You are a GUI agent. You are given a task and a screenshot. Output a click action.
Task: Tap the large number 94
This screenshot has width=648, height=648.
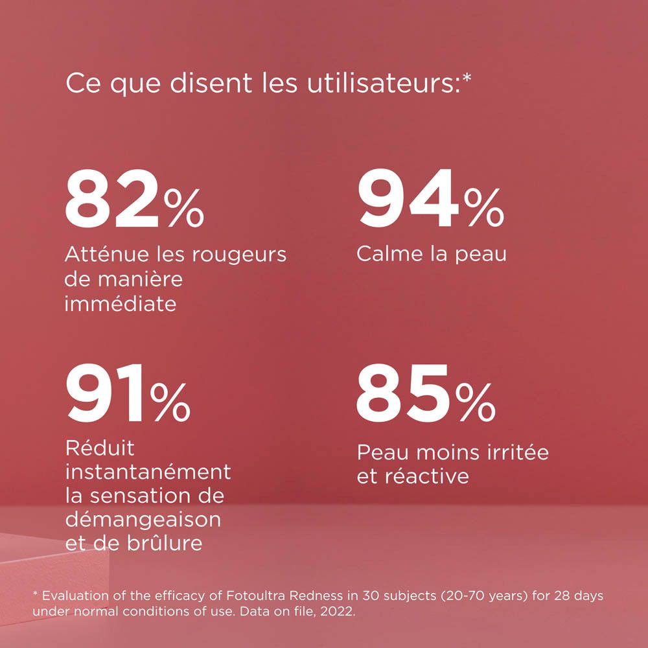point(409,202)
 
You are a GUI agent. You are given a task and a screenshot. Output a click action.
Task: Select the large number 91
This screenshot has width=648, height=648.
point(106,393)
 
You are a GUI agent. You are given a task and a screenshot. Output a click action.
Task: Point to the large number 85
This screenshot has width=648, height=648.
point(402,393)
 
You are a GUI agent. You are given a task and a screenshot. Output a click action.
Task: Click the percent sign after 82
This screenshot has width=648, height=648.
point(184,208)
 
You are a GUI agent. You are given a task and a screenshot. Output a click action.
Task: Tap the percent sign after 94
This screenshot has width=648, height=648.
point(483,208)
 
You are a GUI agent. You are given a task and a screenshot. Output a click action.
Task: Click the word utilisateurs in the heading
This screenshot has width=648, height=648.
point(348,85)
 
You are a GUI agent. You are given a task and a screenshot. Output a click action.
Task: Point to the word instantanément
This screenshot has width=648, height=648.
point(148,472)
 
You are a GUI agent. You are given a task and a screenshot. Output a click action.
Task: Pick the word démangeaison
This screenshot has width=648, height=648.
point(143,520)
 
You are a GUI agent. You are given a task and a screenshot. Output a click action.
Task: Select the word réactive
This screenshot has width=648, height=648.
point(426,477)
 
